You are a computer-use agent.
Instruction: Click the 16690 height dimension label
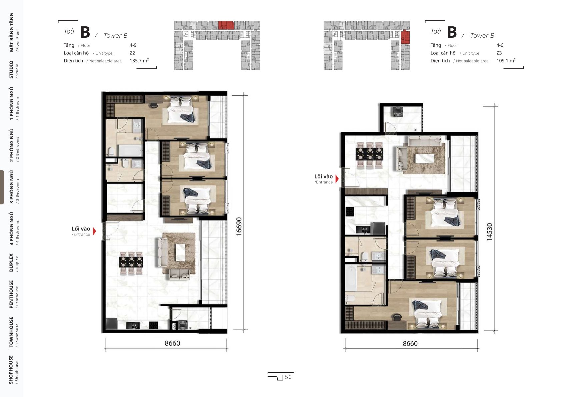click(239, 227)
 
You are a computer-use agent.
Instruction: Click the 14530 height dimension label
click(489, 232)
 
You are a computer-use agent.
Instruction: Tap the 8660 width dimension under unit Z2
click(172, 343)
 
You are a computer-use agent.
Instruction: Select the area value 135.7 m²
click(139, 61)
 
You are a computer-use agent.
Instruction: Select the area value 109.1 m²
click(506, 61)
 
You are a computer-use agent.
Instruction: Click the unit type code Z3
click(499, 53)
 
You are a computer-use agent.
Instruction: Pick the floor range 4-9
click(133, 45)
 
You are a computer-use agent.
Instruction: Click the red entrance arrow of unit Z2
click(94, 231)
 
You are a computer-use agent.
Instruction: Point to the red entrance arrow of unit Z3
click(337, 179)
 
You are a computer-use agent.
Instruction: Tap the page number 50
click(288, 377)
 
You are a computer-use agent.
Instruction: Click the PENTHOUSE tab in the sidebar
click(14, 294)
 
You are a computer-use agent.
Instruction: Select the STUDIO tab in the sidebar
click(14, 69)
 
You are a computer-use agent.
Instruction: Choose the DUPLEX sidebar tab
click(14, 263)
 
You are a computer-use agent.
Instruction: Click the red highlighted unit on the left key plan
click(226, 25)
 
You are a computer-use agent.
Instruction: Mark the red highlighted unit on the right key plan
click(405, 37)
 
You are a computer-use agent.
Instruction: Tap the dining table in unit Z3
click(370, 154)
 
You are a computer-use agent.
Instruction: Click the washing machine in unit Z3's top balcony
click(397, 111)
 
